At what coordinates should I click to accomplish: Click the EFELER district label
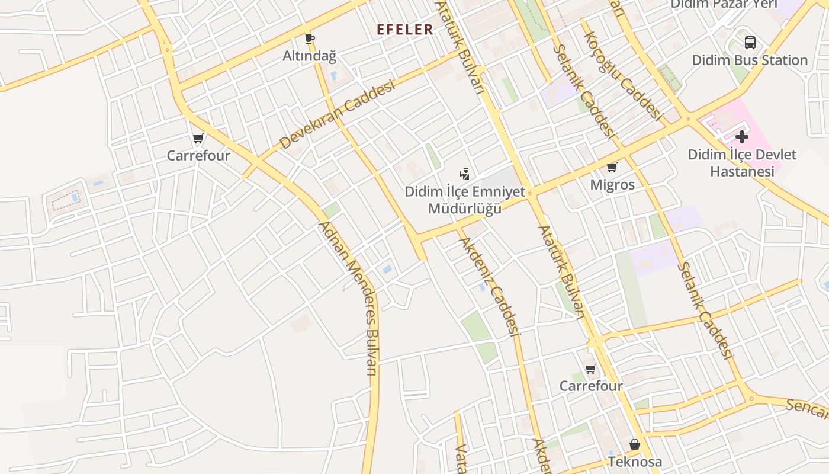coord(405,30)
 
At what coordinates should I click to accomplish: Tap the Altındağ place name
coord(309,56)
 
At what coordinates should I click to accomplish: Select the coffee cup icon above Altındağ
coord(309,40)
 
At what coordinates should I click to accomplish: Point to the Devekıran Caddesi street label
coord(337,115)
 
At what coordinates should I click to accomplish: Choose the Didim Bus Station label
coord(750,60)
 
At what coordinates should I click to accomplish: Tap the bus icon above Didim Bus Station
coord(750,43)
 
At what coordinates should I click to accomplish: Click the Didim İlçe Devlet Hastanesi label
coord(742,163)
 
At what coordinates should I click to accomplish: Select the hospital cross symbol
coord(742,137)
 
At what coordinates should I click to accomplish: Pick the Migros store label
coord(612,185)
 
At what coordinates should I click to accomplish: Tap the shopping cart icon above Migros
coord(612,168)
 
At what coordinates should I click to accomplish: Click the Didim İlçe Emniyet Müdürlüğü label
coord(465,200)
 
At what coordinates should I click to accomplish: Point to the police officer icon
coord(465,174)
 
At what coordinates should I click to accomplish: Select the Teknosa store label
coord(635,462)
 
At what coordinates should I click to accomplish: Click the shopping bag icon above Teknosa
coord(635,444)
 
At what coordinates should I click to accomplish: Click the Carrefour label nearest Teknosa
coord(591,386)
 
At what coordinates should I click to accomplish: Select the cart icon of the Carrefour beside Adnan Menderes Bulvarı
coord(198,139)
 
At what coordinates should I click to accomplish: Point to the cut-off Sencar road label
coord(808,408)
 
